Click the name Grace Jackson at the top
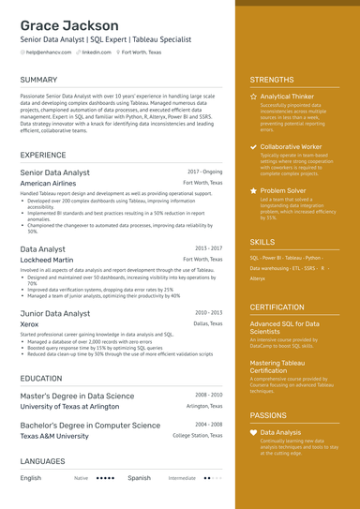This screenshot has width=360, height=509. [68, 25]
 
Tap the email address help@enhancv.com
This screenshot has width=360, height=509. [49, 52]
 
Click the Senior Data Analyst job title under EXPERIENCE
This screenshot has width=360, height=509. [54, 172]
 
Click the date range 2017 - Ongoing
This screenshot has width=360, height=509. [204, 172]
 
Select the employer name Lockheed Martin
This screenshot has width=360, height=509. [47, 260]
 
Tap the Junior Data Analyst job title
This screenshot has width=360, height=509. [55, 313]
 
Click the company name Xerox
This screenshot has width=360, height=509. [29, 324]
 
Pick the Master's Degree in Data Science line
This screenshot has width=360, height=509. [77, 396]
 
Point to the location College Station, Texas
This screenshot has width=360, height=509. [197, 436]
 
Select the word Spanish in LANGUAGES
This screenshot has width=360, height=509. [139, 478]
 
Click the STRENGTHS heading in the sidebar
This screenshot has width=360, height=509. [272, 81]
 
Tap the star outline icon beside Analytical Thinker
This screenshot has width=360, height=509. [253, 97]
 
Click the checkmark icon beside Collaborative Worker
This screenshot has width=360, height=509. [253, 147]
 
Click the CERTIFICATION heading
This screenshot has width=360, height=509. [277, 307]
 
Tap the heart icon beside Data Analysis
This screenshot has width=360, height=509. [253, 432]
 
